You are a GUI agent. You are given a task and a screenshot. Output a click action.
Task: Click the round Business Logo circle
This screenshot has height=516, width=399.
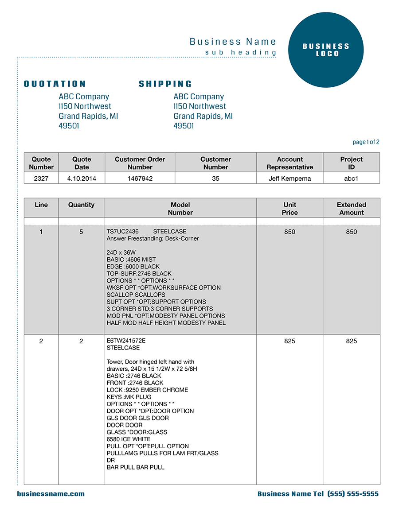tap(326, 50)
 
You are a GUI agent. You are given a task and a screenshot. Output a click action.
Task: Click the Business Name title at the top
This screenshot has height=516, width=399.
tap(233, 42)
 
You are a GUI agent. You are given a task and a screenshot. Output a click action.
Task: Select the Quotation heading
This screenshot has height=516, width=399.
tap(55, 84)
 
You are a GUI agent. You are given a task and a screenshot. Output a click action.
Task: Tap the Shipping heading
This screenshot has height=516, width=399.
tap(165, 84)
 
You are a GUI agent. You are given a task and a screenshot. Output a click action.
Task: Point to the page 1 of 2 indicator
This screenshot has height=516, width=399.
tap(366, 142)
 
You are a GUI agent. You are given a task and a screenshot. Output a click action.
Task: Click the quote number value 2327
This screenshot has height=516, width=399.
tap(41, 178)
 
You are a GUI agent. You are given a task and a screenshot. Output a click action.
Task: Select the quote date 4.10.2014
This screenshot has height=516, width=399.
tap(82, 178)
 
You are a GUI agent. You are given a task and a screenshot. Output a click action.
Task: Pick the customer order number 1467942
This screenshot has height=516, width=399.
tap(140, 178)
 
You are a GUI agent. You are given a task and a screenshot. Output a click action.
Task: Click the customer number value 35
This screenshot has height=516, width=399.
tap(215, 178)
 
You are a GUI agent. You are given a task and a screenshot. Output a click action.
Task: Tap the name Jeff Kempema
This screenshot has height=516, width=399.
tap(289, 178)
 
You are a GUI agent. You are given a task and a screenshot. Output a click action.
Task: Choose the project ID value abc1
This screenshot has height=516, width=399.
tap(351, 178)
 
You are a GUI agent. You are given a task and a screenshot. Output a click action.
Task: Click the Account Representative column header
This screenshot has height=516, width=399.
tap(289, 163)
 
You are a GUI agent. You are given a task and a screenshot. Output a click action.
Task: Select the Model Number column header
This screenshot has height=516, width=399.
tap(180, 209)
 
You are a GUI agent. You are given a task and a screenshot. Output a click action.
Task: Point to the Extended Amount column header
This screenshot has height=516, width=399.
tap(351, 209)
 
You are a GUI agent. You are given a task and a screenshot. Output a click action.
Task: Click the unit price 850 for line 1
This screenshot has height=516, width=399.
tap(289, 232)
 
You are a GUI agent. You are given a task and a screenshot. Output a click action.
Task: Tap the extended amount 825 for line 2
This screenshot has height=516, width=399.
tap(351, 341)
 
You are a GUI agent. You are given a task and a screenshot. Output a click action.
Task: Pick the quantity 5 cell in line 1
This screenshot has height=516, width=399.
tap(81, 232)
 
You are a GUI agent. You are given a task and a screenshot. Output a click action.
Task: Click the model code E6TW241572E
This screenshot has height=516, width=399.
tap(126, 341)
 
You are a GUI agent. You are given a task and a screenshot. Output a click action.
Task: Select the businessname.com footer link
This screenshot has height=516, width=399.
tap(51, 494)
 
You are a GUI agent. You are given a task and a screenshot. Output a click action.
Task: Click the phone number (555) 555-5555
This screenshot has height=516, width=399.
tap(353, 494)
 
